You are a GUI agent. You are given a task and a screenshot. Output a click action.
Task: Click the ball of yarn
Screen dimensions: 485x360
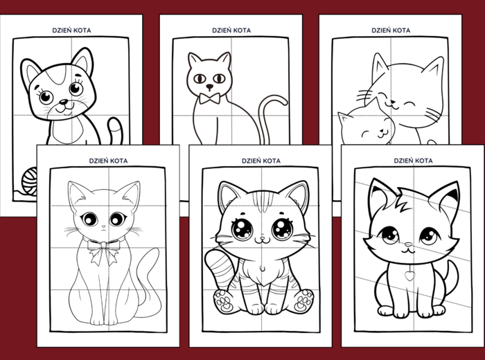point(29,181)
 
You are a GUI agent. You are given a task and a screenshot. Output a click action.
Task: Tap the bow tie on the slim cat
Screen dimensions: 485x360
point(210,98)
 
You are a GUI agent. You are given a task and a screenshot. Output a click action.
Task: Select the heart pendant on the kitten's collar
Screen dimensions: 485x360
point(410,276)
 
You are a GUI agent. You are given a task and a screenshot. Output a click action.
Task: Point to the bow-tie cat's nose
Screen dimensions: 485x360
point(210,86)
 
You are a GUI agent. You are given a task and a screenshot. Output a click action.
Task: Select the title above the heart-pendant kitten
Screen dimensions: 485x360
point(413,161)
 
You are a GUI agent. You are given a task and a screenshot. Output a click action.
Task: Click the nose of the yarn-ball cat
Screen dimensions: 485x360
point(64,101)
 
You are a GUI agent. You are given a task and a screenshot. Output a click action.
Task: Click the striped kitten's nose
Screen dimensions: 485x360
point(263,238)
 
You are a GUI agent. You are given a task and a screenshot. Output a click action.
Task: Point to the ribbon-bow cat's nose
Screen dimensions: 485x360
point(104,226)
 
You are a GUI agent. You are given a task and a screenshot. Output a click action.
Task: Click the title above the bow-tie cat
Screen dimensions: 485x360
point(231,30)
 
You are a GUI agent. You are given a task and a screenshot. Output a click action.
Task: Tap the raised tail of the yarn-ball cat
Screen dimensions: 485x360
point(115,130)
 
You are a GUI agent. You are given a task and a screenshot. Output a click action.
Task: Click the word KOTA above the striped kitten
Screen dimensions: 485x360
point(271,161)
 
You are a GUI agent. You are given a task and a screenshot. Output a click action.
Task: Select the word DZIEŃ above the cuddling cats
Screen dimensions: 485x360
point(380,30)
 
